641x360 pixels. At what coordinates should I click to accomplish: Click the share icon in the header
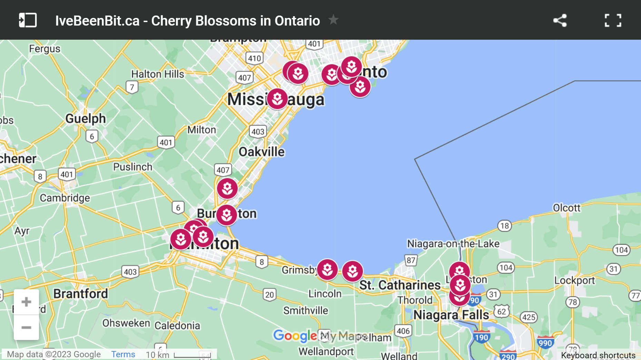tap(560, 20)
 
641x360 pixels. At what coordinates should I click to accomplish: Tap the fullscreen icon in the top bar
tap(613, 20)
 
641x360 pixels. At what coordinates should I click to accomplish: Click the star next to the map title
tap(333, 20)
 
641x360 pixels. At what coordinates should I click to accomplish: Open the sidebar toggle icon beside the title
tap(28, 20)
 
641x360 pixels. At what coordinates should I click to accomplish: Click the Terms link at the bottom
tap(123, 354)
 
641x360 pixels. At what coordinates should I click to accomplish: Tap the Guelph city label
tap(86, 118)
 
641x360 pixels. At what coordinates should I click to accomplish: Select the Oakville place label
tap(262, 152)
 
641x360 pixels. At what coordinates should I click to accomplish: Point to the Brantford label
tap(80, 294)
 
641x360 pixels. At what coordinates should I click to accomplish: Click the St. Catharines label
tap(400, 285)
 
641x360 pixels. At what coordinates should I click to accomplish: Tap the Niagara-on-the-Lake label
tap(453, 244)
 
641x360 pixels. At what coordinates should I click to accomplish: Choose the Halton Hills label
tap(158, 74)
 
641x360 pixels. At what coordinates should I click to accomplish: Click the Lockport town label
tap(574, 280)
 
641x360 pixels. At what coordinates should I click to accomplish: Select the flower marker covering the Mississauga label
tap(277, 99)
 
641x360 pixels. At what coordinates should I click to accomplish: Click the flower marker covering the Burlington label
tap(227, 215)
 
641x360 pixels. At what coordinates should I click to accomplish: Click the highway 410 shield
tap(255, 58)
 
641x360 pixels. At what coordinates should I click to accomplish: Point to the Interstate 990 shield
tap(545, 342)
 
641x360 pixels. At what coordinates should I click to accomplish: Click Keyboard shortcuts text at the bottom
tap(598, 355)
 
